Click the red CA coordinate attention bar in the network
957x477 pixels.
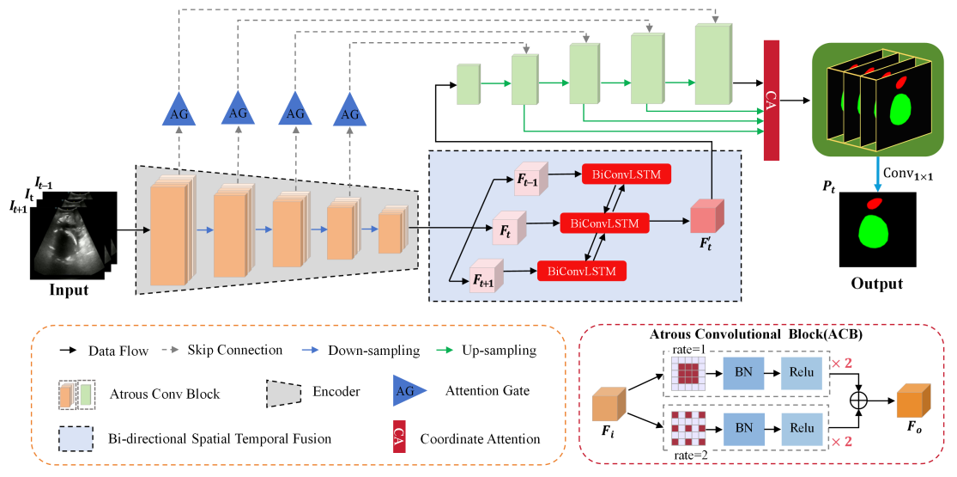pyautogui.click(x=770, y=100)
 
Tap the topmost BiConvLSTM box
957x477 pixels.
pyautogui.click(x=626, y=174)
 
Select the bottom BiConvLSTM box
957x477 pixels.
pyautogui.click(x=580, y=271)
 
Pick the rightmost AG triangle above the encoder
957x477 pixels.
pyautogui.click(x=350, y=110)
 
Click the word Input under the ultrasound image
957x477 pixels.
pyautogui.click(x=68, y=290)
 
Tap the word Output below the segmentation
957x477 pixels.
pyautogui.click(x=878, y=284)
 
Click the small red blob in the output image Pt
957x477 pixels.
pyautogui.click(x=874, y=204)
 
